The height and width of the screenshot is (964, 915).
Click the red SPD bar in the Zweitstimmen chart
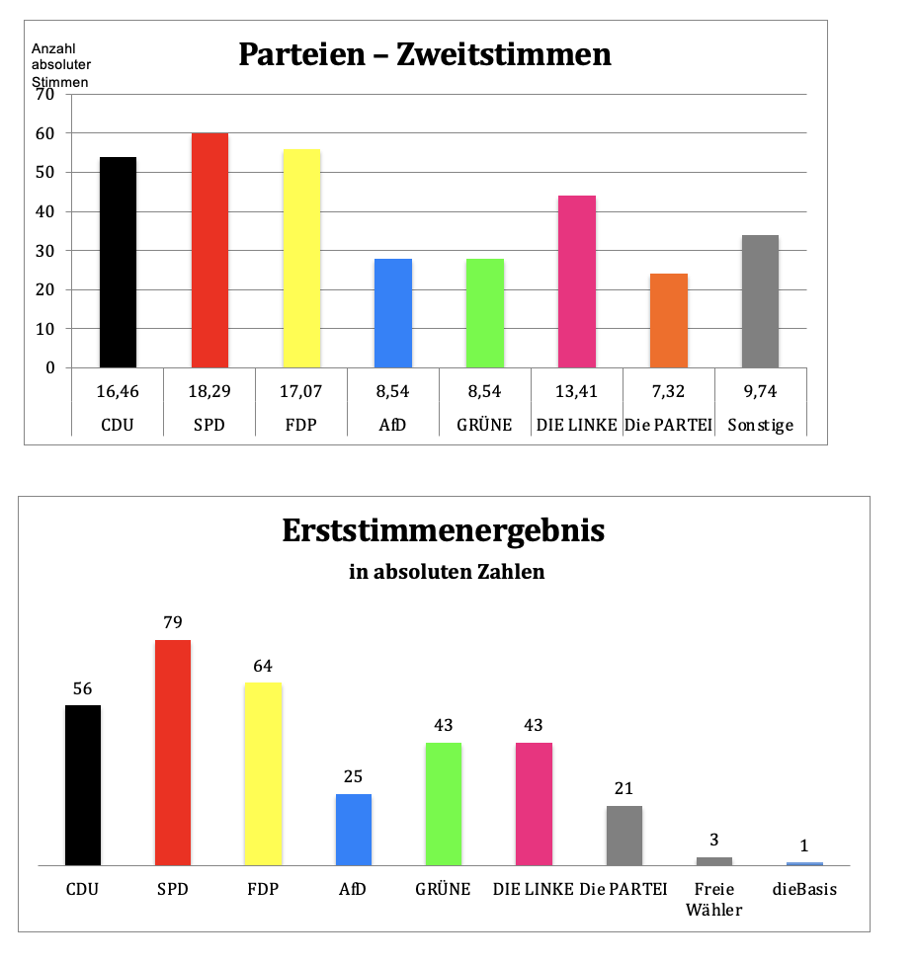click(209, 251)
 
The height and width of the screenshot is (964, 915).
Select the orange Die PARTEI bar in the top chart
click(669, 321)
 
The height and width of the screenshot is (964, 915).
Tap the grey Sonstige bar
click(760, 301)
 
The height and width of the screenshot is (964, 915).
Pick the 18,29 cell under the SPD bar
click(208, 391)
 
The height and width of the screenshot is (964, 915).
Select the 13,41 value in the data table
click(577, 391)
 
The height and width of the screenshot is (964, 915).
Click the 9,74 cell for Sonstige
click(760, 391)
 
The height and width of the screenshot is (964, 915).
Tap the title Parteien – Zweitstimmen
click(425, 54)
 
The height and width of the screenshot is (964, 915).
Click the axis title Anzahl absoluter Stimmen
click(59, 65)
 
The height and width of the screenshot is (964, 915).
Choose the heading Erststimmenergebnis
click(444, 531)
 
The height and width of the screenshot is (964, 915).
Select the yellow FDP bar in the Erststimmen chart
click(263, 774)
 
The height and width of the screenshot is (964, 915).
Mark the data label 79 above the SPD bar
click(173, 623)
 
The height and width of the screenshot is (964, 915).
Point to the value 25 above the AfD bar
click(353, 776)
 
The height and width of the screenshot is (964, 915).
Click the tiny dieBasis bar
click(804, 864)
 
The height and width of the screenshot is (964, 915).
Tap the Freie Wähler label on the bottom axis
click(713, 899)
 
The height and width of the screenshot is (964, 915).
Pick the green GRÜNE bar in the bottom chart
click(444, 804)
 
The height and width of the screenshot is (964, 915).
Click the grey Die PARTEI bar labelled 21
click(624, 836)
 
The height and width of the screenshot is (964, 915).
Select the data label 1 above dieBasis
click(804, 846)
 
